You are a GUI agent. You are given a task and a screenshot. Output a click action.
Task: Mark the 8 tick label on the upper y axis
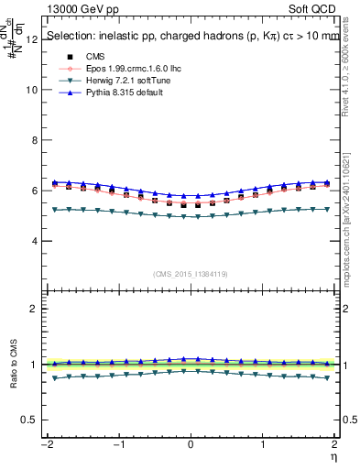click(x=34, y=141)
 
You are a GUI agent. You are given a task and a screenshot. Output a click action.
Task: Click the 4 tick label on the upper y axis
click(x=34, y=242)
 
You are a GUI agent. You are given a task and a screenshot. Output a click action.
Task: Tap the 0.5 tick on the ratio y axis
click(x=30, y=420)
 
